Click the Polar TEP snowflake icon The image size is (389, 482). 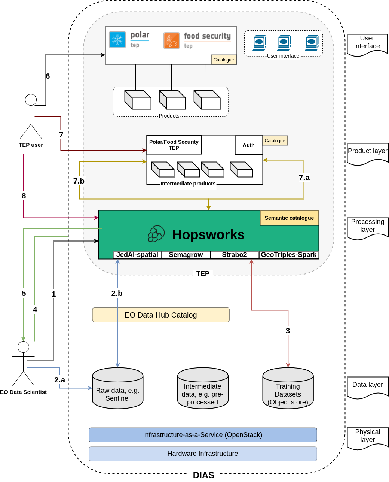pos(117,40)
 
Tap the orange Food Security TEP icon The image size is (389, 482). pos(172,40)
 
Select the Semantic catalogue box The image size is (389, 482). pos(289,218)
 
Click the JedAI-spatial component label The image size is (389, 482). pos(137,255)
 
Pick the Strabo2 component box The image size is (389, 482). pos(235,255)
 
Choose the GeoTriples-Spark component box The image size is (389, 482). pos(289,255)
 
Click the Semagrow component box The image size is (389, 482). pos(186,255)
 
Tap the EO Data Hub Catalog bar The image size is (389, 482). pos(161,315)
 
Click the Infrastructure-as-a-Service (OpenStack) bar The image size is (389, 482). pos(203,435)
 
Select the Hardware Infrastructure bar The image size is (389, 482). pos(203,454)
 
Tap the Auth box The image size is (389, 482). pos(249,145)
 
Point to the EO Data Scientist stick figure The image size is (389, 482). pos(23,364)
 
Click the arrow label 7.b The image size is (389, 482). pos(79,181)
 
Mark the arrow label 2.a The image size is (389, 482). pos(59,380)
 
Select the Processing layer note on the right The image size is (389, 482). pos(367,226)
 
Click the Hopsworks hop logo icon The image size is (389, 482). pos(156,234)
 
